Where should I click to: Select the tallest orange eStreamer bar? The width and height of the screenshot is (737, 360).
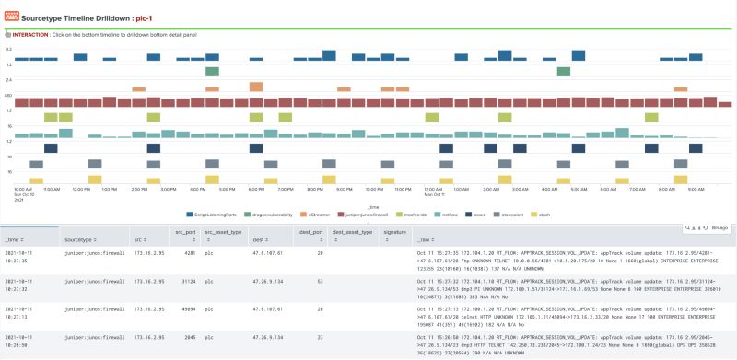pyautogui.click(x=255, y=87)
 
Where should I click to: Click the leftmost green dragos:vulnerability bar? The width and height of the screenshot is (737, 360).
pyautogui.click(x=212, y=71)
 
